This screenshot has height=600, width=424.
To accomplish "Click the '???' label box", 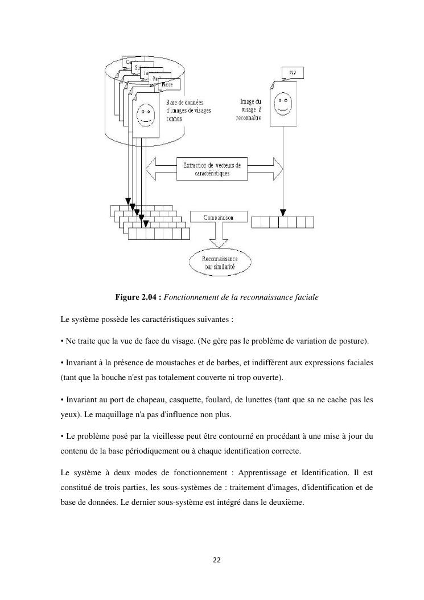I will click(x=293, y=72).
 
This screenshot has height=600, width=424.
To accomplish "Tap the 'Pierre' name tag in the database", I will click(x=167, y=84).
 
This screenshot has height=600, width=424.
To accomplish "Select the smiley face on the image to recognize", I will click(x=281, y=104).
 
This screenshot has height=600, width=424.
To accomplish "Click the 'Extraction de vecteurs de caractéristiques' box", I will click(x=212, y=169).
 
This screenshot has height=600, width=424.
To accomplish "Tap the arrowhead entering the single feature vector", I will click(x=281, y=211).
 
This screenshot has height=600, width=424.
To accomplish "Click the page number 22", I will click(x=216, y=560).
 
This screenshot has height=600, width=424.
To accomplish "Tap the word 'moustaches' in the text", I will click(x=168, y=363).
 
